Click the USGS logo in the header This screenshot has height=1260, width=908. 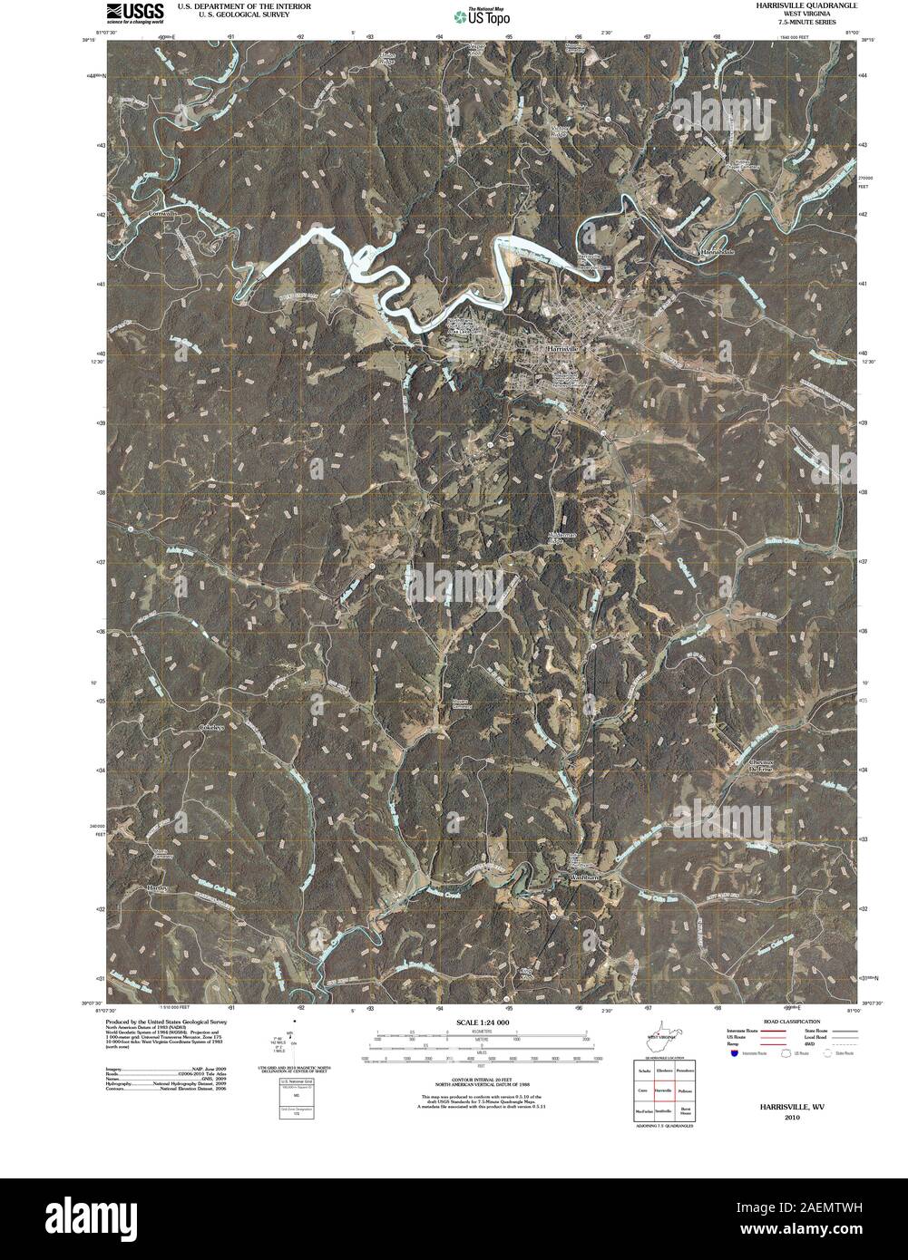click(x=134, y=11)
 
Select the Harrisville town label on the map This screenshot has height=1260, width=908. click(x=569, y=348)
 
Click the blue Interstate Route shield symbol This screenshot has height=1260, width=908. click(x=733, y=1054)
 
